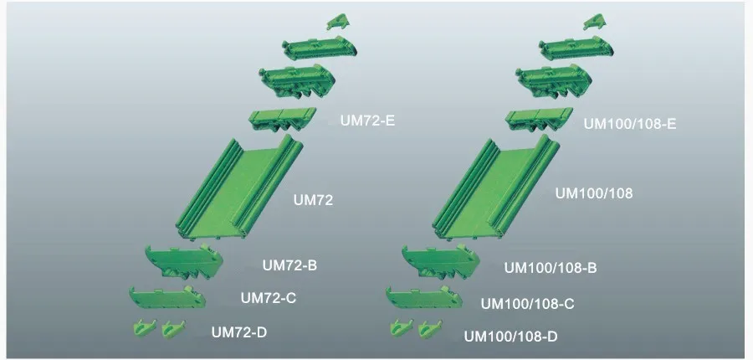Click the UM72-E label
tap(367, 121)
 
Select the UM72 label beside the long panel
tap(314, 200)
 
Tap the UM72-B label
tap(289, 265)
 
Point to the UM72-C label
tap(269, 297)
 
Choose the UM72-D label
tap(239, 332)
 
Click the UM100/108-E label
tap(629, 124)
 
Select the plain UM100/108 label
tap(594, 193)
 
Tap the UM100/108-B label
tap(550, 268)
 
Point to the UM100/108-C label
tap(527, 303)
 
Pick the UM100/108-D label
tap(510, 337)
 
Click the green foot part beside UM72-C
tap(167, 297)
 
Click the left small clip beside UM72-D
tap(143, 328)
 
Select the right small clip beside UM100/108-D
tap(428, 329)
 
